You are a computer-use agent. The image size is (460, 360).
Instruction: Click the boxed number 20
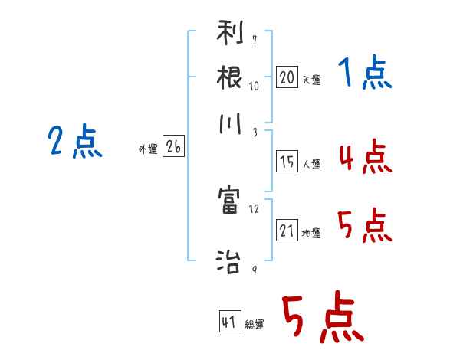(286, 77)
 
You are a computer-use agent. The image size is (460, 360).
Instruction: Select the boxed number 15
(286, 162)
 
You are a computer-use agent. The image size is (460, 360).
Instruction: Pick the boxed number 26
(173, 148)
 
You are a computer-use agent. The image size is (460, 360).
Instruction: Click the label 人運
(311, 164)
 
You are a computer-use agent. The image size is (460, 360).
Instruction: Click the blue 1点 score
(364, 74)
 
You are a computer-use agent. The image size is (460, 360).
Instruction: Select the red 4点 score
(364, 157)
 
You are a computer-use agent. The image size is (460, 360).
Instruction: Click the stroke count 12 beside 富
(254, 208)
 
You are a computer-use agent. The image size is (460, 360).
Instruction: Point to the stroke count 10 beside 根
(254, 85)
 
